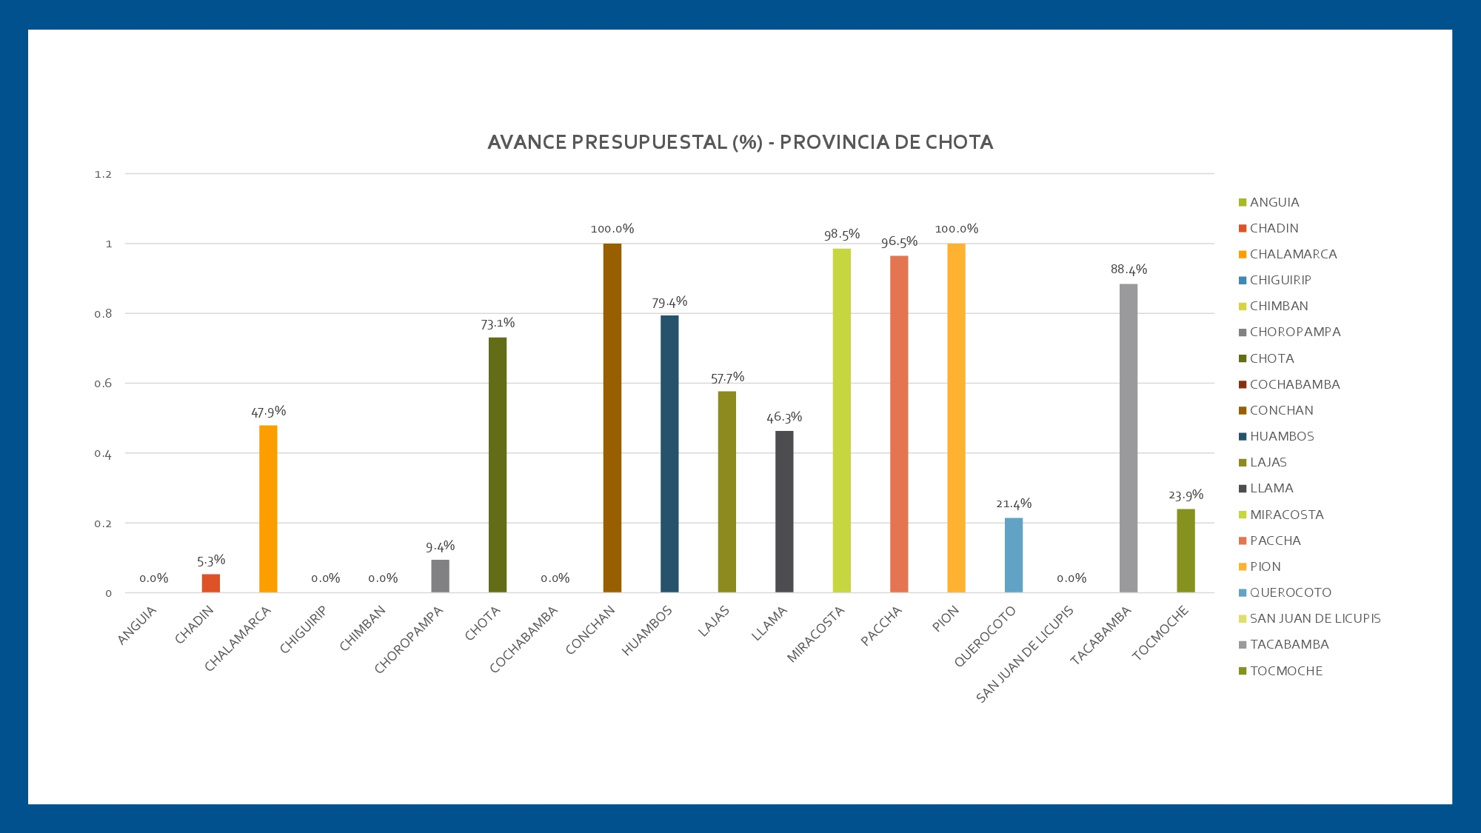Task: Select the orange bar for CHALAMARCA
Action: (268, 509)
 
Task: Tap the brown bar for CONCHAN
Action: (612, 418)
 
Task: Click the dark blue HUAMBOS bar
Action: (669, 454)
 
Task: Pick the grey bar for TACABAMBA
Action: (1129, 438)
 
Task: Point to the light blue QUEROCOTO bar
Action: (1014, 555)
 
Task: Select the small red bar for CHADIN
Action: (211, 583)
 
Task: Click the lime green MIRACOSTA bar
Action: (842, 421)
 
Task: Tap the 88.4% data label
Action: (1129, 270)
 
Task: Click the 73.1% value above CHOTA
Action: (498, 324)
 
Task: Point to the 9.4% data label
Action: (440, 547)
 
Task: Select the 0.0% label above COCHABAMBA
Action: (555, 578)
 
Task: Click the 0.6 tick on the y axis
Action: (103, 384)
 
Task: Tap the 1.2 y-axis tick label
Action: (103, 175)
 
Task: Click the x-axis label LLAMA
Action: (769, 623)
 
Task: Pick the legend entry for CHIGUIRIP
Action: (1280, 280)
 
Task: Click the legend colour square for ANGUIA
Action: (1243, 202)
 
